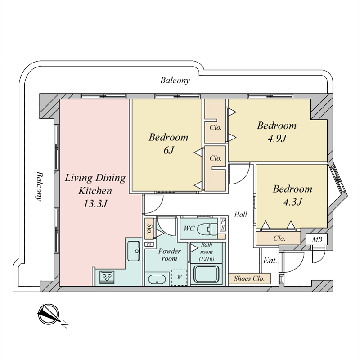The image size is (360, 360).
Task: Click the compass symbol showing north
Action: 49,315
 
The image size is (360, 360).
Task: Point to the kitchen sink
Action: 133,251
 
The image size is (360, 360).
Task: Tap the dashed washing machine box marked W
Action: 179,277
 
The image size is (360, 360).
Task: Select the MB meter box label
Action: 317,239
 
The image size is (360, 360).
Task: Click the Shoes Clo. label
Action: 249,279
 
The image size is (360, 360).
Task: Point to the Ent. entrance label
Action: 270,261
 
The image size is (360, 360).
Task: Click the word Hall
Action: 241,215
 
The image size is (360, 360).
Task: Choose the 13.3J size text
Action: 95,203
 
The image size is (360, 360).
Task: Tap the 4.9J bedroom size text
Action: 277,139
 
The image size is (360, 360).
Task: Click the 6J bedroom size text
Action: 168,151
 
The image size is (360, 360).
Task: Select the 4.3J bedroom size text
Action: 292,202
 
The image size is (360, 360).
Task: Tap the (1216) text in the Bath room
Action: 207,260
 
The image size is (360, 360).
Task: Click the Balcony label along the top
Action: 175,81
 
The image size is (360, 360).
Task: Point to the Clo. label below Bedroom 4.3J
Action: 279,238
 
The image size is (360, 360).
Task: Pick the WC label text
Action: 189,229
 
